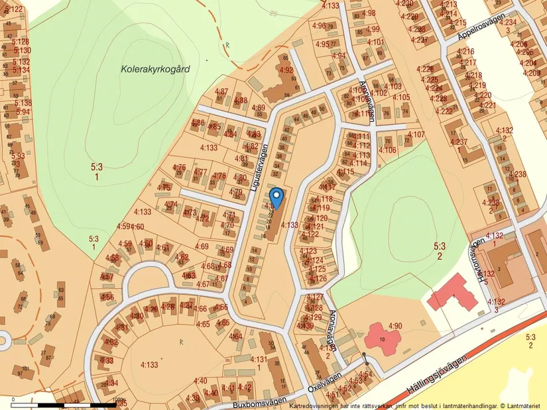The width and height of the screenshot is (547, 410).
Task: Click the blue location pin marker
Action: pos(276,197)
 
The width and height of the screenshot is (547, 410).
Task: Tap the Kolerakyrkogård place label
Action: pos(152,68)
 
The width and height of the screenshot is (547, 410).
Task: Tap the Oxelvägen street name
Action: pos(324,382)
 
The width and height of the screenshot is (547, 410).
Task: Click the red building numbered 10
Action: pos(382,338)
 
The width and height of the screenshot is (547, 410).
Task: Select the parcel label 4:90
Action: pos(396,325)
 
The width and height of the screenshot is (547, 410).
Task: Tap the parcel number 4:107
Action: pos(416,135)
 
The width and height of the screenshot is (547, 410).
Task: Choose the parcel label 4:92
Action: pos(286,70)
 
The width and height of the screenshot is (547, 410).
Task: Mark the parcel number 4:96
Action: pos(318,26)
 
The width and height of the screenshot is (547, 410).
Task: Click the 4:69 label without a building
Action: pos(202,246)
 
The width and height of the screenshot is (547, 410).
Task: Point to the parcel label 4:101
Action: pos(375,42)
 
